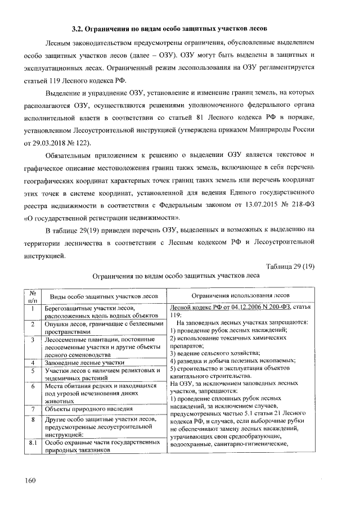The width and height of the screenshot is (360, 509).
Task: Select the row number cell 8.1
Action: [33, 443]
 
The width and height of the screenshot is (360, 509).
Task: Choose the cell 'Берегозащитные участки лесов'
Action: [90, 308]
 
